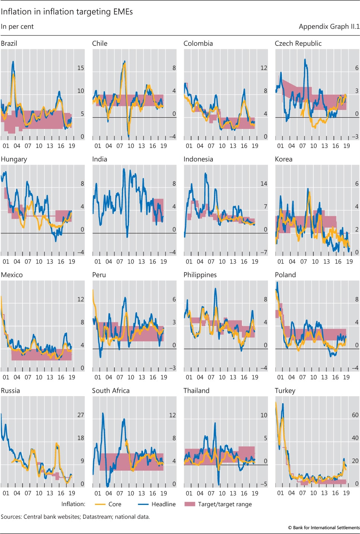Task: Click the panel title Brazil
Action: tap(9, 43)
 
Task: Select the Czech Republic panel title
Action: tap(298, 43)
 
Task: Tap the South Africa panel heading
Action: tap(111, 391)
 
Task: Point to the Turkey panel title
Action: tap(285, 391)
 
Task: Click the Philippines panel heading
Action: tap(200, 275)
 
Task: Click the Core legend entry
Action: tap(114, 504)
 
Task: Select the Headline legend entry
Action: tap(163, 504)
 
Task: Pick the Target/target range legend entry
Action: tap(224, 504)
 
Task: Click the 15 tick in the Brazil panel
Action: tap(80, 68)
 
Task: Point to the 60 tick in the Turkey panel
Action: tap(355, 415)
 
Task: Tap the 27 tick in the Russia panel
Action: tap(80, 415)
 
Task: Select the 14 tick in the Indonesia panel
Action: tap(263, 183)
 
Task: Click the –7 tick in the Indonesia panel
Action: tap(263, 252)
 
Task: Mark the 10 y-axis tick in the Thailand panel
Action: tap(263, 415)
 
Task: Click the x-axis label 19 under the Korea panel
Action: tap(349, 262)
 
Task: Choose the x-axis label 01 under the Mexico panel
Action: tap(6, 377)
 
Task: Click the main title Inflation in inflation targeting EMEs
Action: tap(67, 12)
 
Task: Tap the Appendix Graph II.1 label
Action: tap(329, 26)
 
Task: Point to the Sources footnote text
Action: tap(75, 517)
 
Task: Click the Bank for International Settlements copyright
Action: tap(323, 528)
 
